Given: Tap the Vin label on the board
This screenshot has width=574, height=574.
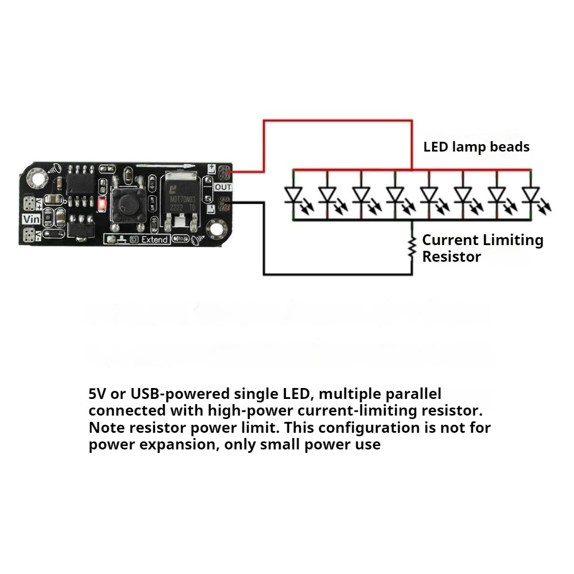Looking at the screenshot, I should pyautogui.click(x=32, y=219).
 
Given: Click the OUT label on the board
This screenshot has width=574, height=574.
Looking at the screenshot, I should pyautogui.click(x=223, y=187).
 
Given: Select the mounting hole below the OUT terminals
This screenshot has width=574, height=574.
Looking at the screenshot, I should pyautogui.click(x=218, y=230).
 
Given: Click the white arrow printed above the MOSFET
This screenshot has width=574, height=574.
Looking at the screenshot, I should pyautogui.click(x=185, y=166).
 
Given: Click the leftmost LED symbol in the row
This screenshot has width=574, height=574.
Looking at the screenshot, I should pyautogui.click(x=293, y=195).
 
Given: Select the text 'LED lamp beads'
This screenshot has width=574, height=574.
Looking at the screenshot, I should pyautogui.click(x=476, y=147).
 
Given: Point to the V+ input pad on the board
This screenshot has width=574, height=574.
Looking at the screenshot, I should pyautogui.click(x=30, y=203).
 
